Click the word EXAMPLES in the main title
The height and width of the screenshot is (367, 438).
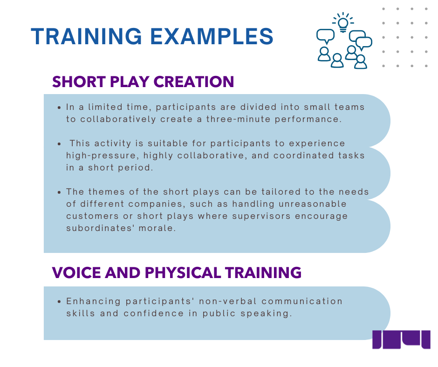coord(212,36)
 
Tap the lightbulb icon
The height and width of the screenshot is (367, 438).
coord(343,23)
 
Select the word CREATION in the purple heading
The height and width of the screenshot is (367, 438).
coord(193,82)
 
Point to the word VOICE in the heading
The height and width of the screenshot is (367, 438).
coord(76,272)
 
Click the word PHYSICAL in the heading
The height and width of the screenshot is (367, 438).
coord(183,272)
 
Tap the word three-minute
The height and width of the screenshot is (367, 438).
coord(238,119)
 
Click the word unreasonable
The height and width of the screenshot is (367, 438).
coord(313,204)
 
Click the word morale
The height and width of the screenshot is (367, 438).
coord(157,228)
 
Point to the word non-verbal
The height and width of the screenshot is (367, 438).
coord(228,301)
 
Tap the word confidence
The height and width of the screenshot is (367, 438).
coord(154,313)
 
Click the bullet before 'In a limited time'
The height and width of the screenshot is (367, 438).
coord(59,108)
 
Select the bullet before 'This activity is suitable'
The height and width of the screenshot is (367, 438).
coord(59,144)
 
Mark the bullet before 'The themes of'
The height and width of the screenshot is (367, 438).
coord(59,192)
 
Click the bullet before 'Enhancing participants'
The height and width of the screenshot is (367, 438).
coord(59,302)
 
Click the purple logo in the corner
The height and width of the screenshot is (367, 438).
coord(401,340)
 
